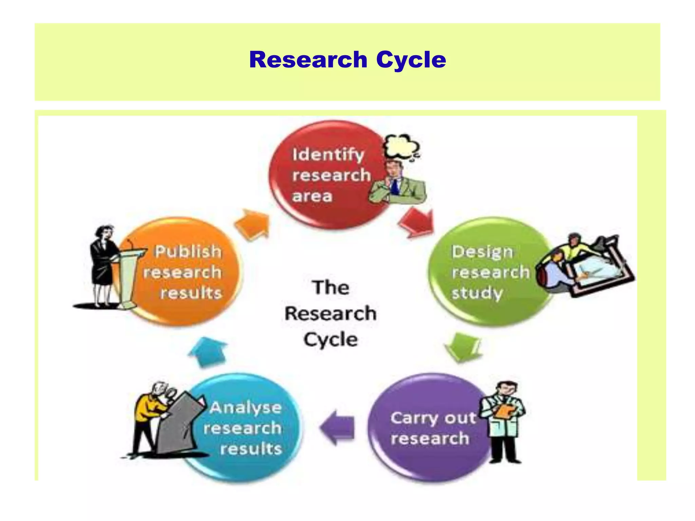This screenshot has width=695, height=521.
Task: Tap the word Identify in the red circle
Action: (x=328, y=155)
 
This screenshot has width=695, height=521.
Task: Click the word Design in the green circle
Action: (x=482, y=252)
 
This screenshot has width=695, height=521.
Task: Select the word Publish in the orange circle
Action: (x=188, y=252)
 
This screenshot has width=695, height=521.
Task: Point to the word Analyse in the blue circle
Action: (x=245, y=407)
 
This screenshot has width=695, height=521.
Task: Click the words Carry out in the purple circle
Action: (x=433, y=418)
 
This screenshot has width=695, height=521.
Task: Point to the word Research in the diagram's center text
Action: (x=330, y=313)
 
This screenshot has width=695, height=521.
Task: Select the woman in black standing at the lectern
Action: (x=102, y=265)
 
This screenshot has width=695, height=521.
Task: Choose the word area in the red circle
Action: (x=312, y=196)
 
